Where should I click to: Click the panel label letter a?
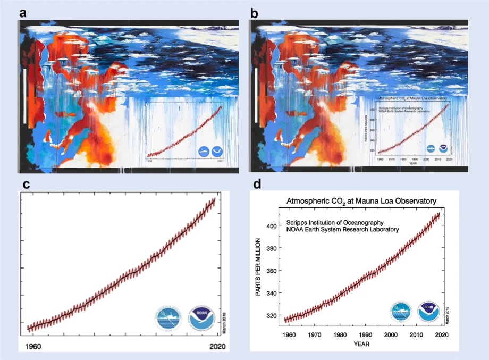coord(23,13)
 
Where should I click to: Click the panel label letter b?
coord(255,13)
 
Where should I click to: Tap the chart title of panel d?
coord(361,201)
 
